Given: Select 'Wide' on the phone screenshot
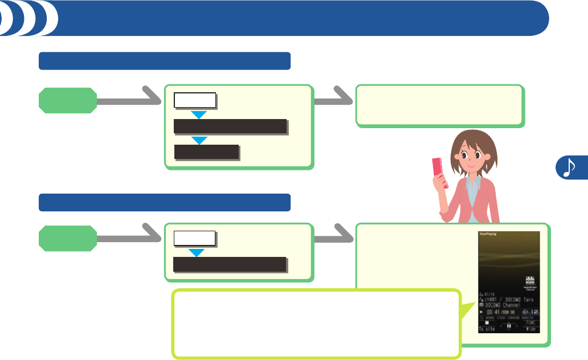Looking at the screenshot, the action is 532,329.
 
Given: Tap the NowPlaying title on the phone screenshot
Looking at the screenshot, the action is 489,234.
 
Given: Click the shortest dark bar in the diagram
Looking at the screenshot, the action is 206,152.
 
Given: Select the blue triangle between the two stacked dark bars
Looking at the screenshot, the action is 199,140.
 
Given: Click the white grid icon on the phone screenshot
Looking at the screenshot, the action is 530,280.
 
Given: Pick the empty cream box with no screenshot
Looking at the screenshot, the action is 439,105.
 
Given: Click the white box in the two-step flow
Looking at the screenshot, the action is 195,238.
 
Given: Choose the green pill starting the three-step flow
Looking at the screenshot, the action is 67,100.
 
